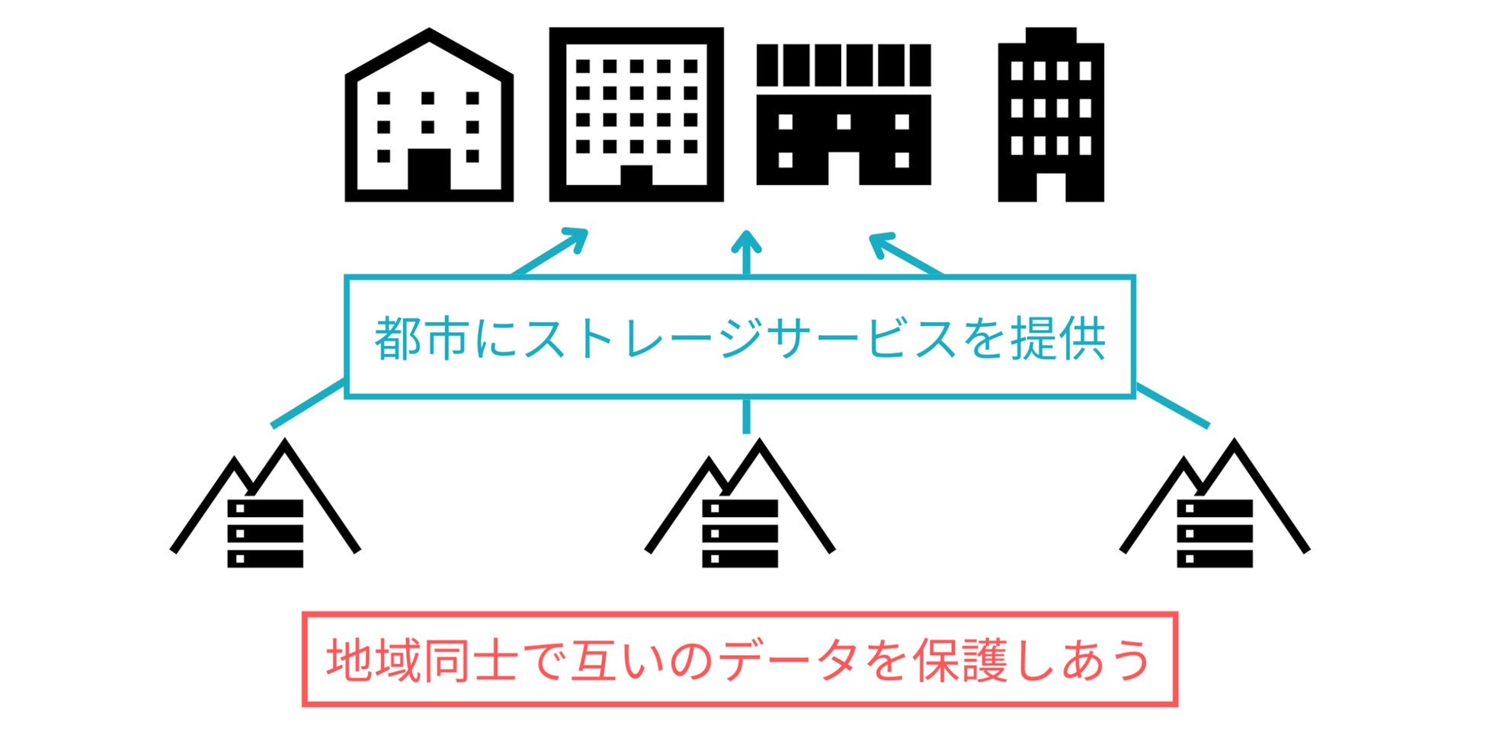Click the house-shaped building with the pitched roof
click(429, 118)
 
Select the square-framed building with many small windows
click(636, 114)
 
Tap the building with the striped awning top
click(844, 114)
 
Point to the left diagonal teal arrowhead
click(576, 238)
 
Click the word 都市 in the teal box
click(421, 338)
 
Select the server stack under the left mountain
click(265, 533)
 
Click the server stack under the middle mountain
click(740, 533)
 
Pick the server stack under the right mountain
click(1215, 533)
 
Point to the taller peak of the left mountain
click(286, 446)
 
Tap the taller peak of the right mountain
click(1234, 446)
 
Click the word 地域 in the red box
click(373, 660)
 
